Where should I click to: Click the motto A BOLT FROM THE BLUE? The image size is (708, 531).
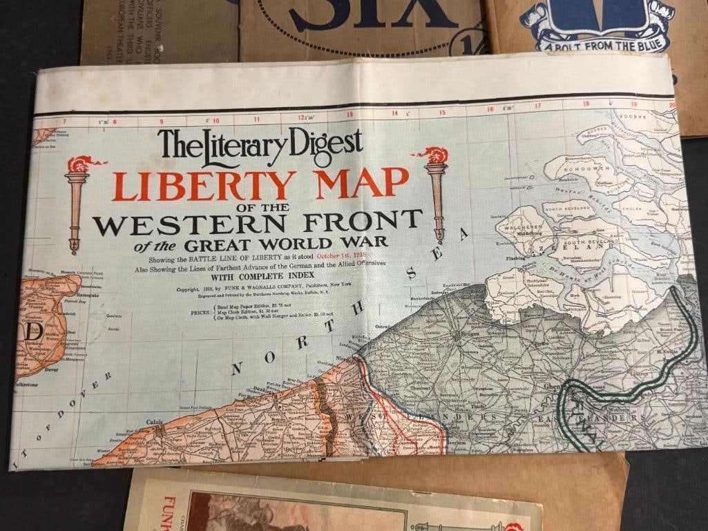(x=597, y=47)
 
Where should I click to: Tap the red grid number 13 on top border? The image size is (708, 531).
(x=350, y=115)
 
